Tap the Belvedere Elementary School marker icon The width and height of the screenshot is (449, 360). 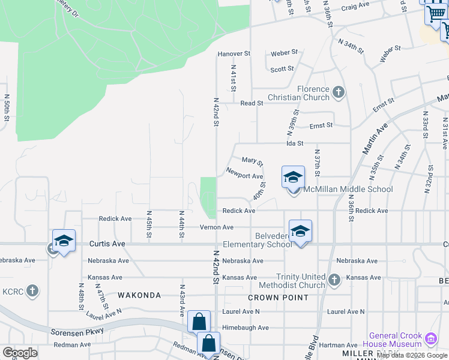click(x=300, y=231)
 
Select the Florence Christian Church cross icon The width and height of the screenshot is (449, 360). click(x=339, y=92)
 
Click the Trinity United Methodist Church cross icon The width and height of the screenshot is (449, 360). click(x=335, y=278)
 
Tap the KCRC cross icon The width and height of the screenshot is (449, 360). click(x=32, y=291)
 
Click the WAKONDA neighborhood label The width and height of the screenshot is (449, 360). click(x=139, y=295)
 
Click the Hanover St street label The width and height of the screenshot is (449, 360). click(x=234, y=53)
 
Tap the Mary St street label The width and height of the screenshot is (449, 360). click(x=252, y=161)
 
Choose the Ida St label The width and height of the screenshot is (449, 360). click(x=295, y=143)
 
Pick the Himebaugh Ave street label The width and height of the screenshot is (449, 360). click(x=246, y=328)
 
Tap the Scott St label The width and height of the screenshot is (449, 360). click(x=282, y=70)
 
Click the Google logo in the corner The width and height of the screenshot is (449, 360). click(x=20, y=353)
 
